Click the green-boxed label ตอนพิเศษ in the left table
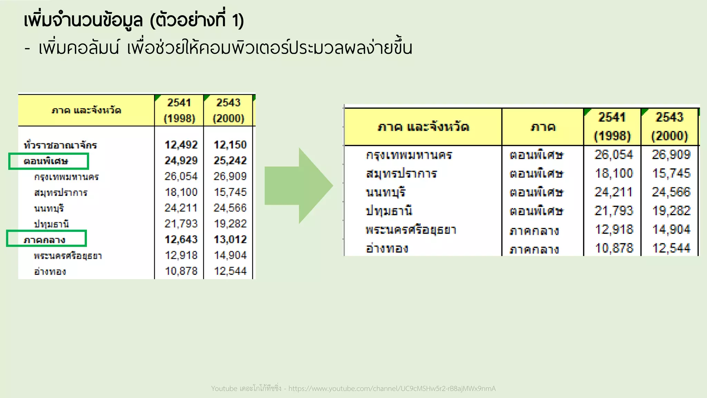pyautogui.click(x=46, y=161)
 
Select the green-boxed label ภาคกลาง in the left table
pyautogui.click(x=45, y=240)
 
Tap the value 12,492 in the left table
pyautogui.click(x=181, y=145)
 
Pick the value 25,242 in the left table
pyautogui.click(x=230, y=161)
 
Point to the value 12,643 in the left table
pyautogui.click(x=181, y=239)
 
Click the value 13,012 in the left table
pyautogui.click(x=230, y=239)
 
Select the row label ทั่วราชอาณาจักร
pyautogui.click(x=60, y=145)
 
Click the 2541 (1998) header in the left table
pyautogui.click(x=179, y=110)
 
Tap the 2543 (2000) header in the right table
pyautogui.click(x=669, y=126)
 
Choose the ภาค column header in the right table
pyautogui.click(x=543, y=127)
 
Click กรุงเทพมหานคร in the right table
pyautogui.click(x=409, y=155)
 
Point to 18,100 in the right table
pyautogui.click(x=614, y=173)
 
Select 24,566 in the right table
pyautogui.click(x=671, y=192)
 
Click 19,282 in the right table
pyautogui.click(x=671, y=211)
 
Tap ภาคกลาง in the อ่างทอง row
pyautogui.click(x=534, y=249)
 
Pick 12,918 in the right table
pyautogui.click(x=614, y=230)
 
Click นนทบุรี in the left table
pyautogui.click(x=49, y=208)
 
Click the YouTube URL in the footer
pyautogui.click(x=392, y=389)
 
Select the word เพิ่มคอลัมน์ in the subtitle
pyautogui.click(x=79, y=48)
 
